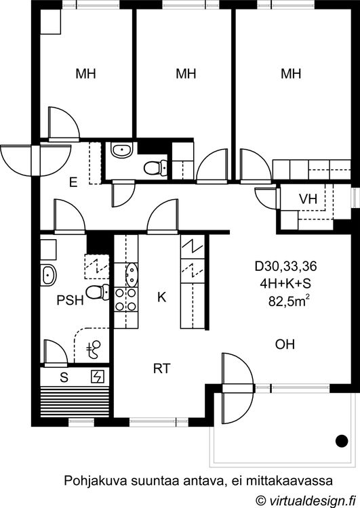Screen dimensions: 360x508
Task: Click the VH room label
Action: pos(308,199)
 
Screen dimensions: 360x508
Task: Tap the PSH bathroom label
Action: pos(70,300)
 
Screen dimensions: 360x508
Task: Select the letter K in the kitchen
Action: pos(161,297)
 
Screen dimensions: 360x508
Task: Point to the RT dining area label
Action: pos(162,368)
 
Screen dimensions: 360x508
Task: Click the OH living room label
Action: pos(285,344)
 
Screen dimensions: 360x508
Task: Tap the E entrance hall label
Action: pos(73,182)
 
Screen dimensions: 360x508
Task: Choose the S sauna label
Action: pos(64,377)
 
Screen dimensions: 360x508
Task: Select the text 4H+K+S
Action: pos(285,284)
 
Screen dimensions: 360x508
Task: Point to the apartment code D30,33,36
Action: pos(285,266)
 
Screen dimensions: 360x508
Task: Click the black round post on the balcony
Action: pos(341,441)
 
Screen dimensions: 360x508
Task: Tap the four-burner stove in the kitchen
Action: pos(126,299)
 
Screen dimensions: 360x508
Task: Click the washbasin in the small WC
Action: pos(121,150)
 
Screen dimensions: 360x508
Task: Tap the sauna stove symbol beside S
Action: pos(98,377)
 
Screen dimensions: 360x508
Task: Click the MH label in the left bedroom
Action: pos(85,74)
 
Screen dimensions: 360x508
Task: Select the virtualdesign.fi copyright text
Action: pos(304,500)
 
